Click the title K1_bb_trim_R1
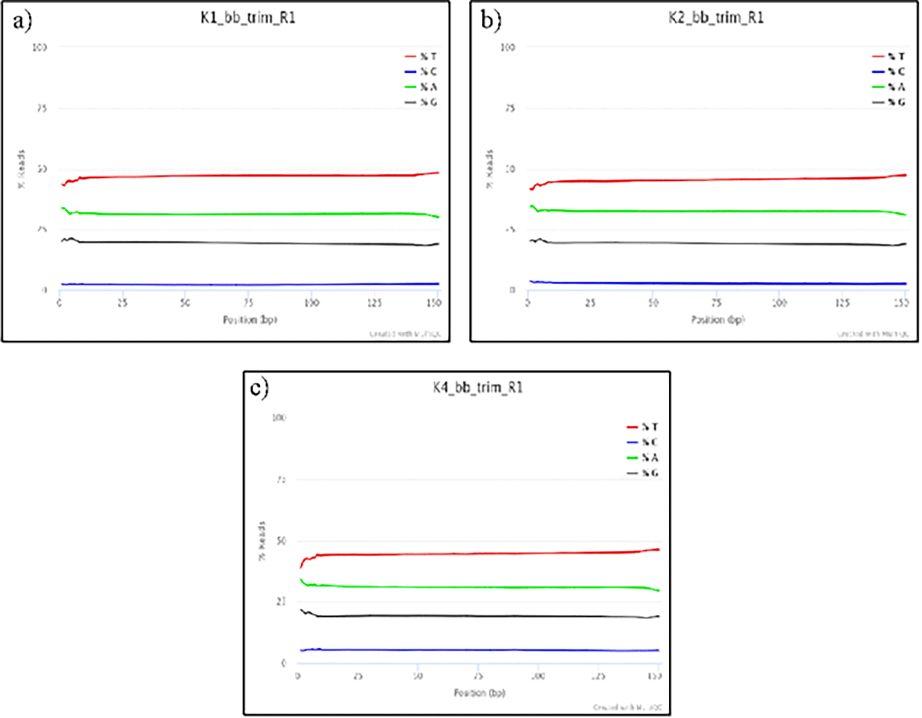click(248, 18)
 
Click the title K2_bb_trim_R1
click(716, 18)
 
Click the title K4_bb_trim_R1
click(477, 387)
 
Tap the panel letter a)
click(22, 22)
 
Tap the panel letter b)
click(490, 22)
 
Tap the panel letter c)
click(259, 388)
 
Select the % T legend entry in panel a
click(428, 56)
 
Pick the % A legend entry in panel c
click(649, 458)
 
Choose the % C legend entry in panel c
click(649, 442)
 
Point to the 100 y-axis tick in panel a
click(40, 47)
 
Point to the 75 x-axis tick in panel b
click(716, 303)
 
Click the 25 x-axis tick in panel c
click(358, 676)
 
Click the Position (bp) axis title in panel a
click(250, 319)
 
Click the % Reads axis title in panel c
click(262, 541)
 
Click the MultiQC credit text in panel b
click(873, 334)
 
